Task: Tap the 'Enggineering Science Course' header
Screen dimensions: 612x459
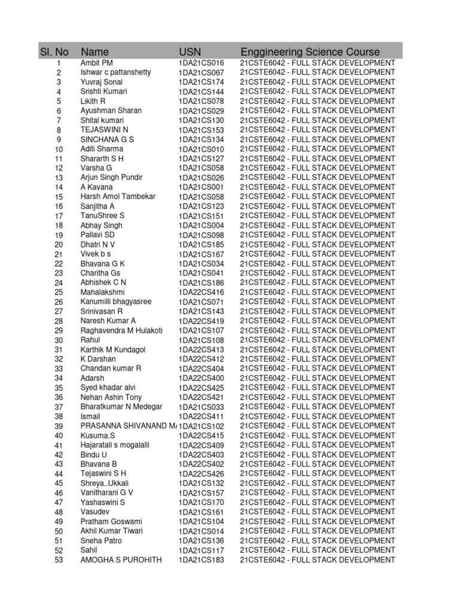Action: tap(310, 52)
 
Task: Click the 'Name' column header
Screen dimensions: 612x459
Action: tap(94, 52)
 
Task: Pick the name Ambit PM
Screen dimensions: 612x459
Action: tap(96, 63)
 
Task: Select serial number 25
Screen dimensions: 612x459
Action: tap(59, 292)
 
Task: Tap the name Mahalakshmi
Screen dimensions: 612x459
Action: tap(102, 292)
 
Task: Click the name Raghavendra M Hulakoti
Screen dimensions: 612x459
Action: tap(121, 331)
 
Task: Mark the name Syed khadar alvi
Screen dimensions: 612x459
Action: tap(108, 388)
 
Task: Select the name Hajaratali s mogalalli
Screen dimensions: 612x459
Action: tap(115, 445)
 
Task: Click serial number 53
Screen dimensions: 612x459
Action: tap(59, 560)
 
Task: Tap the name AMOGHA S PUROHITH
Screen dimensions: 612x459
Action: tap(121, 560)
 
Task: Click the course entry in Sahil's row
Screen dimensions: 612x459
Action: tap(317, 550)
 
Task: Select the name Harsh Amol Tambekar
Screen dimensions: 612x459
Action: tap(118, 197)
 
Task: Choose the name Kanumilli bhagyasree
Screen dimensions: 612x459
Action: tap(116, 302)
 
